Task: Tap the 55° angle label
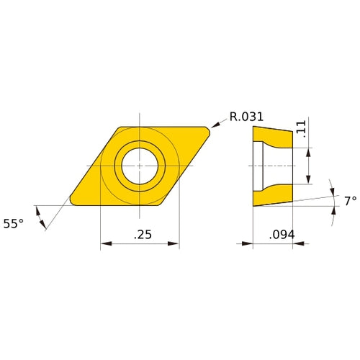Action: pos(13,224)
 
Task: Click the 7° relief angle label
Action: pos(350,202)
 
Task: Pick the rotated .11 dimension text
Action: pos(302,130)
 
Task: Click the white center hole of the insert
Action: pos(140,166)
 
